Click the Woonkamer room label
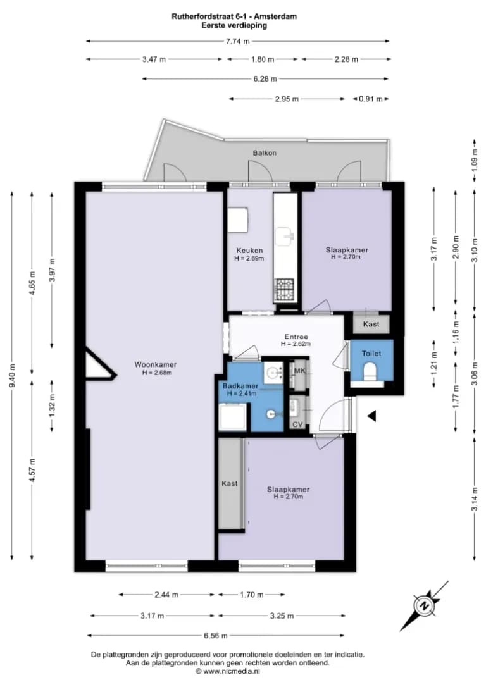(x=156, y=364)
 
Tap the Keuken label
(x=249, y=251)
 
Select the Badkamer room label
(x=240, y=386)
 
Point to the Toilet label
(x=371, y=354)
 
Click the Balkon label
(x=265, y=153)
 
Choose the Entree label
(x=296, y=337)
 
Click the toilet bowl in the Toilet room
(x=371, y=371)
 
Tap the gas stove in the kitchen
(x=285, y=290)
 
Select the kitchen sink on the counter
(x=285, y=235)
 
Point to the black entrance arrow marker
(x=371, y=416)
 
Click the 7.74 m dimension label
(x=237, y=42)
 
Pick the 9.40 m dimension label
(x=12, y=376)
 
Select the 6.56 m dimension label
(x=216, y=636)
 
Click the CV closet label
(x=297, y=424)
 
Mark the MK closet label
(x=300, y=371)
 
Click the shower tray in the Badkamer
(x=233, y=417)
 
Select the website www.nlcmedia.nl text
(x=232, y=671)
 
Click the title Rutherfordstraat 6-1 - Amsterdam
(x=234, y=16)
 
